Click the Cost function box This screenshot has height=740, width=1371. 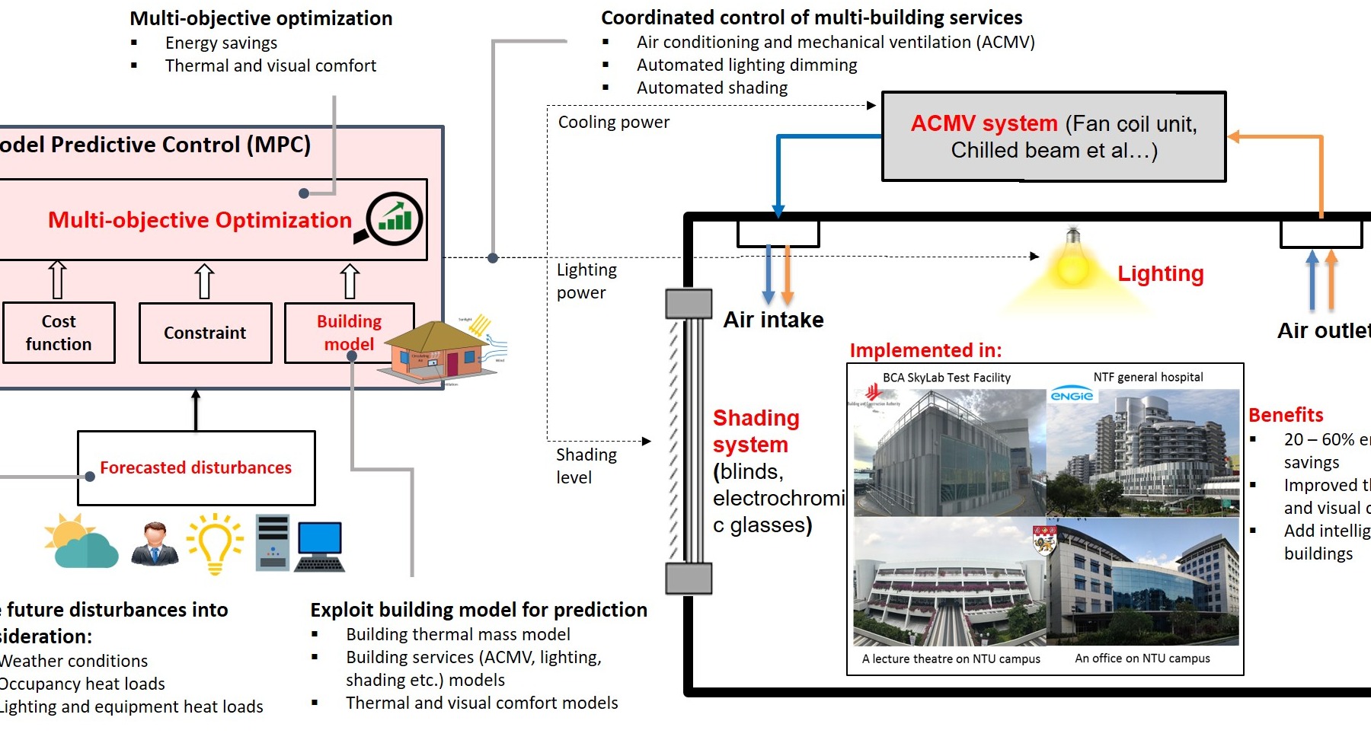click(x=59, y=333)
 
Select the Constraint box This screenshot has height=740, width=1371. click(x=205, y=333)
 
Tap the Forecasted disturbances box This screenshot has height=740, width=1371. click(x=196, y=467)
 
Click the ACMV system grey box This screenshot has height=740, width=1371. click(x=1053, y=137)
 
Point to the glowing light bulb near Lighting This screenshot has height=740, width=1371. click(x=1072, y=263)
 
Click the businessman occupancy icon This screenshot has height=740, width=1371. click(x=155, y=544)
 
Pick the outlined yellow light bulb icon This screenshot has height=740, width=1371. click(x=216, y=543)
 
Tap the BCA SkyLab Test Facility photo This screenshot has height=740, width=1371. click(x=949, y=453)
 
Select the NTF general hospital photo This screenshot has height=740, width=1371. click(x=1142, y=453)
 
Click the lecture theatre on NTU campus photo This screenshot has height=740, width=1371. click(x=949, y=582)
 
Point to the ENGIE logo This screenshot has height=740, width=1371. click(x=1072, y=395)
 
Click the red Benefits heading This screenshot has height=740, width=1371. click(x=1286, y=415)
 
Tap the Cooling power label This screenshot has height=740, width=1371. click(x=613, y=122)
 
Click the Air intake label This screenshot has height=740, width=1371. click(x=773, y=320)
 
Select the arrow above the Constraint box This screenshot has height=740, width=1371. click(x=204, y=281)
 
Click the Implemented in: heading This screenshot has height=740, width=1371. click(x=925, y=350)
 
